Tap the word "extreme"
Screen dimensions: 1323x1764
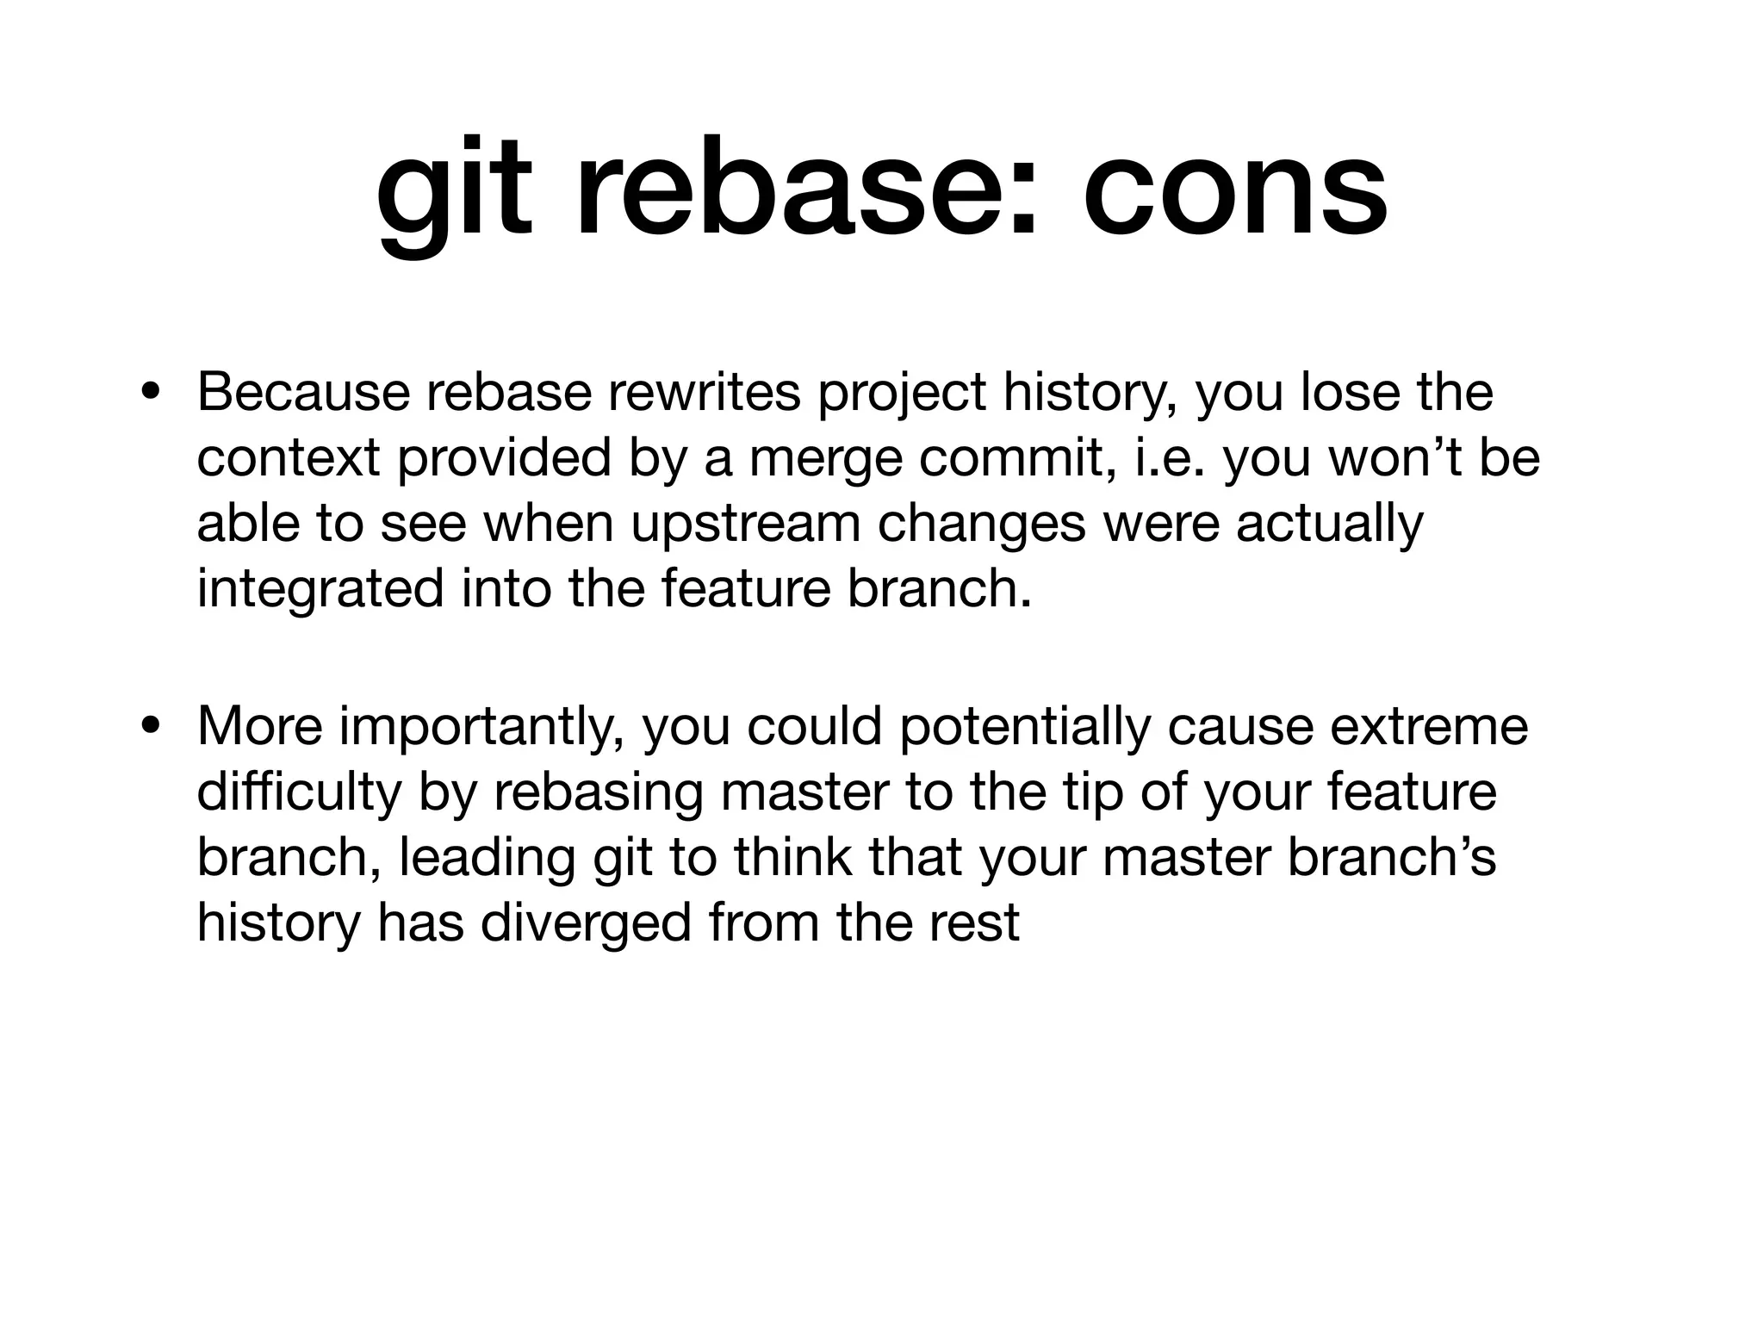pos(1429,726)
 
